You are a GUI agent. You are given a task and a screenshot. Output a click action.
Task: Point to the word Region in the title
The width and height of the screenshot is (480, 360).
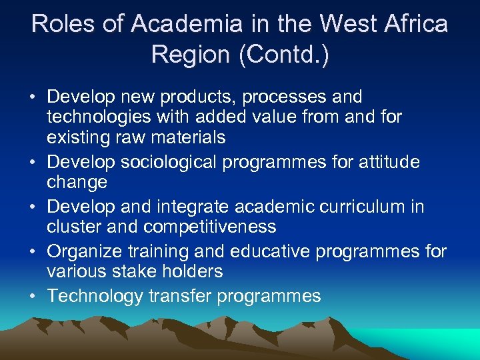191,55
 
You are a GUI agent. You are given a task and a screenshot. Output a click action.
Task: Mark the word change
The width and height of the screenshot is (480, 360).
77,182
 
